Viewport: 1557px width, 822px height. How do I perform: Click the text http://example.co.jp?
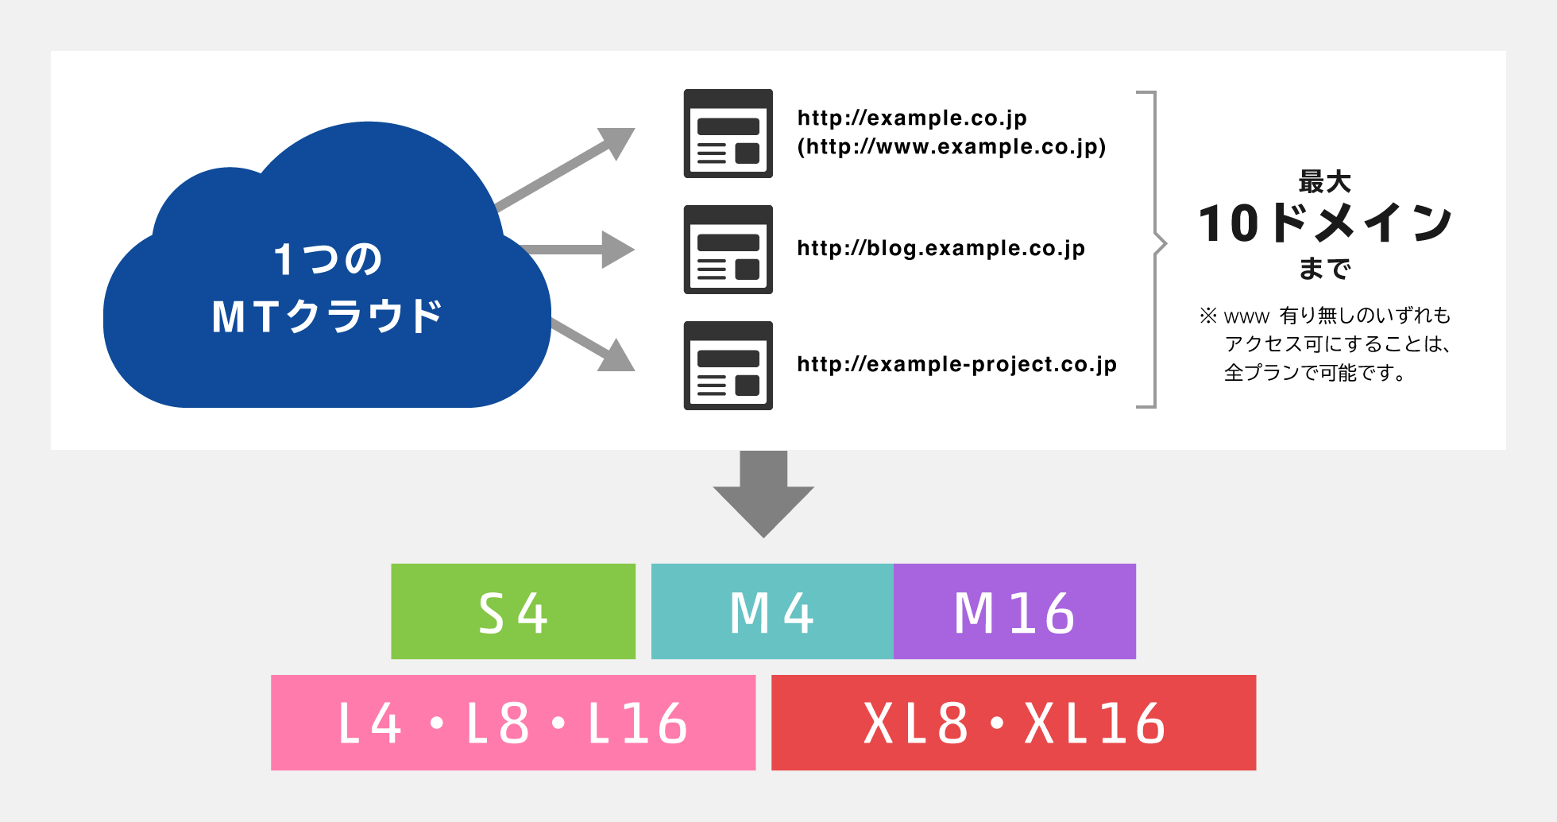coord(912,118)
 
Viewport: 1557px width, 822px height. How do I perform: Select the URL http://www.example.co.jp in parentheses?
coord(952,147)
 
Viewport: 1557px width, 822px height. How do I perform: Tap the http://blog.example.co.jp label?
coord(941,249)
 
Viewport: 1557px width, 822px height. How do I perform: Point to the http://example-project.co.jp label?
coord(956,365)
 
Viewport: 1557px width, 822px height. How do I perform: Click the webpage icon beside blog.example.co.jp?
coord(728,250)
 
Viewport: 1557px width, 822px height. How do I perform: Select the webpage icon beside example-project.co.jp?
coord(728,366)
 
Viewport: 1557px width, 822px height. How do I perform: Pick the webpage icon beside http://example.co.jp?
coord(728,134)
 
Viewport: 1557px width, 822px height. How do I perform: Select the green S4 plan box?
coord(513,611)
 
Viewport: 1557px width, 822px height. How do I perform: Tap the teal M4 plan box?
coord(772,611)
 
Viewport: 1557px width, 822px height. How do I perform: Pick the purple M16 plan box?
coord(1014,611)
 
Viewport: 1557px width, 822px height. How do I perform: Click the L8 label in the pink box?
coord(497,723)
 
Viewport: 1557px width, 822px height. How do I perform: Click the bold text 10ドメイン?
coord(1324,223)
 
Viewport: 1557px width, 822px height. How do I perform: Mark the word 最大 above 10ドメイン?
coord(1324,182)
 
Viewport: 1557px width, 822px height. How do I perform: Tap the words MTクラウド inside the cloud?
coord(327,316)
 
